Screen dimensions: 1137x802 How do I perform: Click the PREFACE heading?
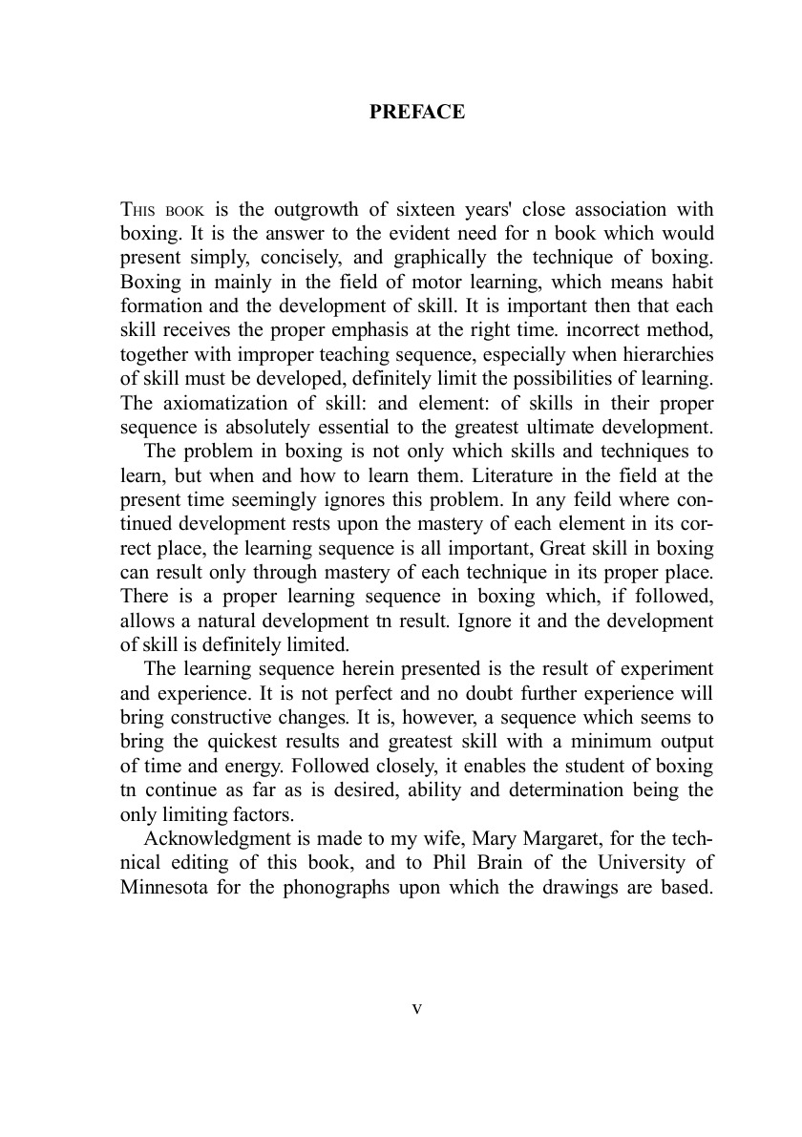[417, 113]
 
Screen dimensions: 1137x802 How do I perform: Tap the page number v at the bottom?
[416, 1009]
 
